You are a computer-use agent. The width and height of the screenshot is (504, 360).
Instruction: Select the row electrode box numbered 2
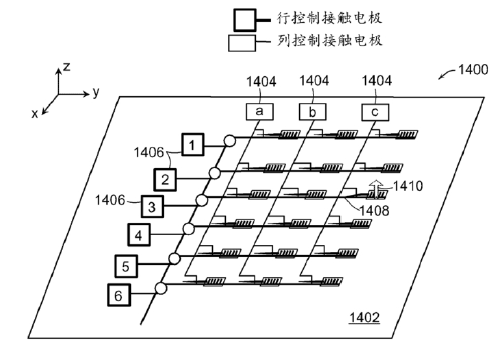click(x=166, y=178)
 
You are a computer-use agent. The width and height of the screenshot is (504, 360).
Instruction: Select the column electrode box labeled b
click(x=312, y=114)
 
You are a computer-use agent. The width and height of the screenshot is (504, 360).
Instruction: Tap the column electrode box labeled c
click(x=372, y=114)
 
